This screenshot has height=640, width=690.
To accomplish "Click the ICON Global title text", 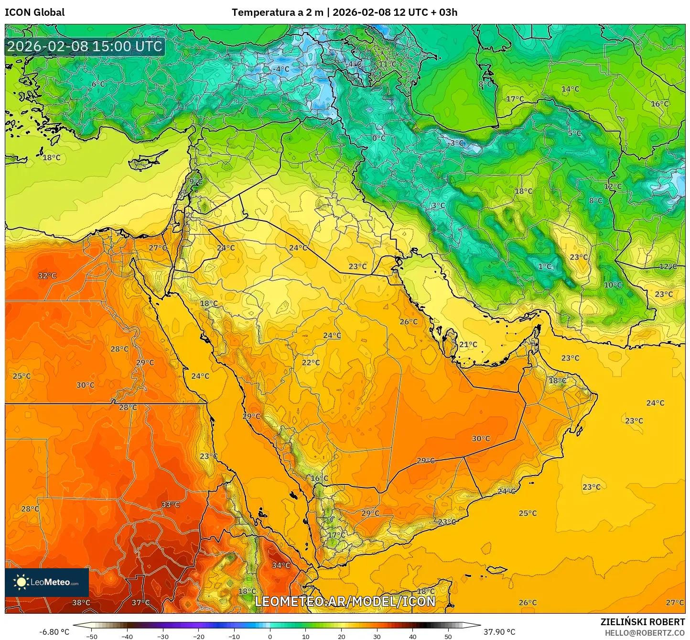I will click(34, 12).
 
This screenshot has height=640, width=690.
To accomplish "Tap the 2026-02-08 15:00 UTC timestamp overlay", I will click(85, 46).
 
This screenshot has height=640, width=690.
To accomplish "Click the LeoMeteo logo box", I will click(47, 582).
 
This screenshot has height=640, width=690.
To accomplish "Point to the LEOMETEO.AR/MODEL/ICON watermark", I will click(345, 601).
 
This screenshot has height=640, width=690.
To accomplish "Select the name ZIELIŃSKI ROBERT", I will click(642, 622).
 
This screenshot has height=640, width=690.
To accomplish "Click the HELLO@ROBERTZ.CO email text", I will click(645, 633).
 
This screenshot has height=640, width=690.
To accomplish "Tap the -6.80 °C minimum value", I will click(54, 632).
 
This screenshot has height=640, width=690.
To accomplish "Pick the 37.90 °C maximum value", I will click(499, 632).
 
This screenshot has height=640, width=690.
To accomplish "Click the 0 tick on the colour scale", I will click(270, 636).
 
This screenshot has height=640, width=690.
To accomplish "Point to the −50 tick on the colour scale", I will click(91, 636).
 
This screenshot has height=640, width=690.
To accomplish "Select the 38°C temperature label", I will click(81, 602).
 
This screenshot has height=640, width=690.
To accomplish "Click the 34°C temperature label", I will click(281, 565).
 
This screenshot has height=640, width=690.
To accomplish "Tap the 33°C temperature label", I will click(170, 504).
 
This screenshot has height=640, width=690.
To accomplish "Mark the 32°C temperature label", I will click(47, 276).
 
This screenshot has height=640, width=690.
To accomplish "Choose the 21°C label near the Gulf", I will click(468, 344).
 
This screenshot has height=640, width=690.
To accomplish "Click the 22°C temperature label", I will click(311, 362).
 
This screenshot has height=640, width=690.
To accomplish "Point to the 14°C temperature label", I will click(570, 89).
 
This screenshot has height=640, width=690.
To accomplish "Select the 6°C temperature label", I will click(98, 84).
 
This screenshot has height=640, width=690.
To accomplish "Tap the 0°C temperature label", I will click(378, 138).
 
